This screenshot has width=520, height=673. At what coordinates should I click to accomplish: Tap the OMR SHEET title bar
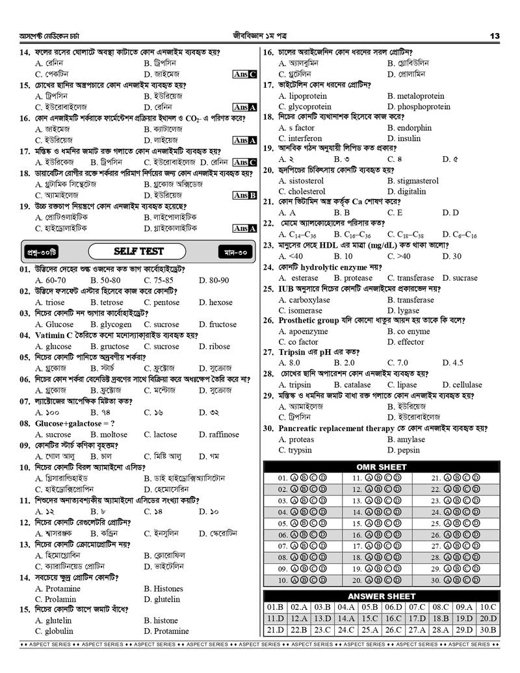tap(381, 466)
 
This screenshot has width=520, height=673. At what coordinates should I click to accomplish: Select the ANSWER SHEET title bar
tap(381, 596)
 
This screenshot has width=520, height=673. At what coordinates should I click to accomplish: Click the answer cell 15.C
tap(370, 618)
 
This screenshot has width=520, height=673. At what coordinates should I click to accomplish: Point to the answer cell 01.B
tap(276, 607)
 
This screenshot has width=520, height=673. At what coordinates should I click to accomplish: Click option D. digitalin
tap(408, 192)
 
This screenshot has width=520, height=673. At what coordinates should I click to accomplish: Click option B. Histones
tap(163, 589)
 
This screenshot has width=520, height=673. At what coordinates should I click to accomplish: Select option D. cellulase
tap(462, 385)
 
